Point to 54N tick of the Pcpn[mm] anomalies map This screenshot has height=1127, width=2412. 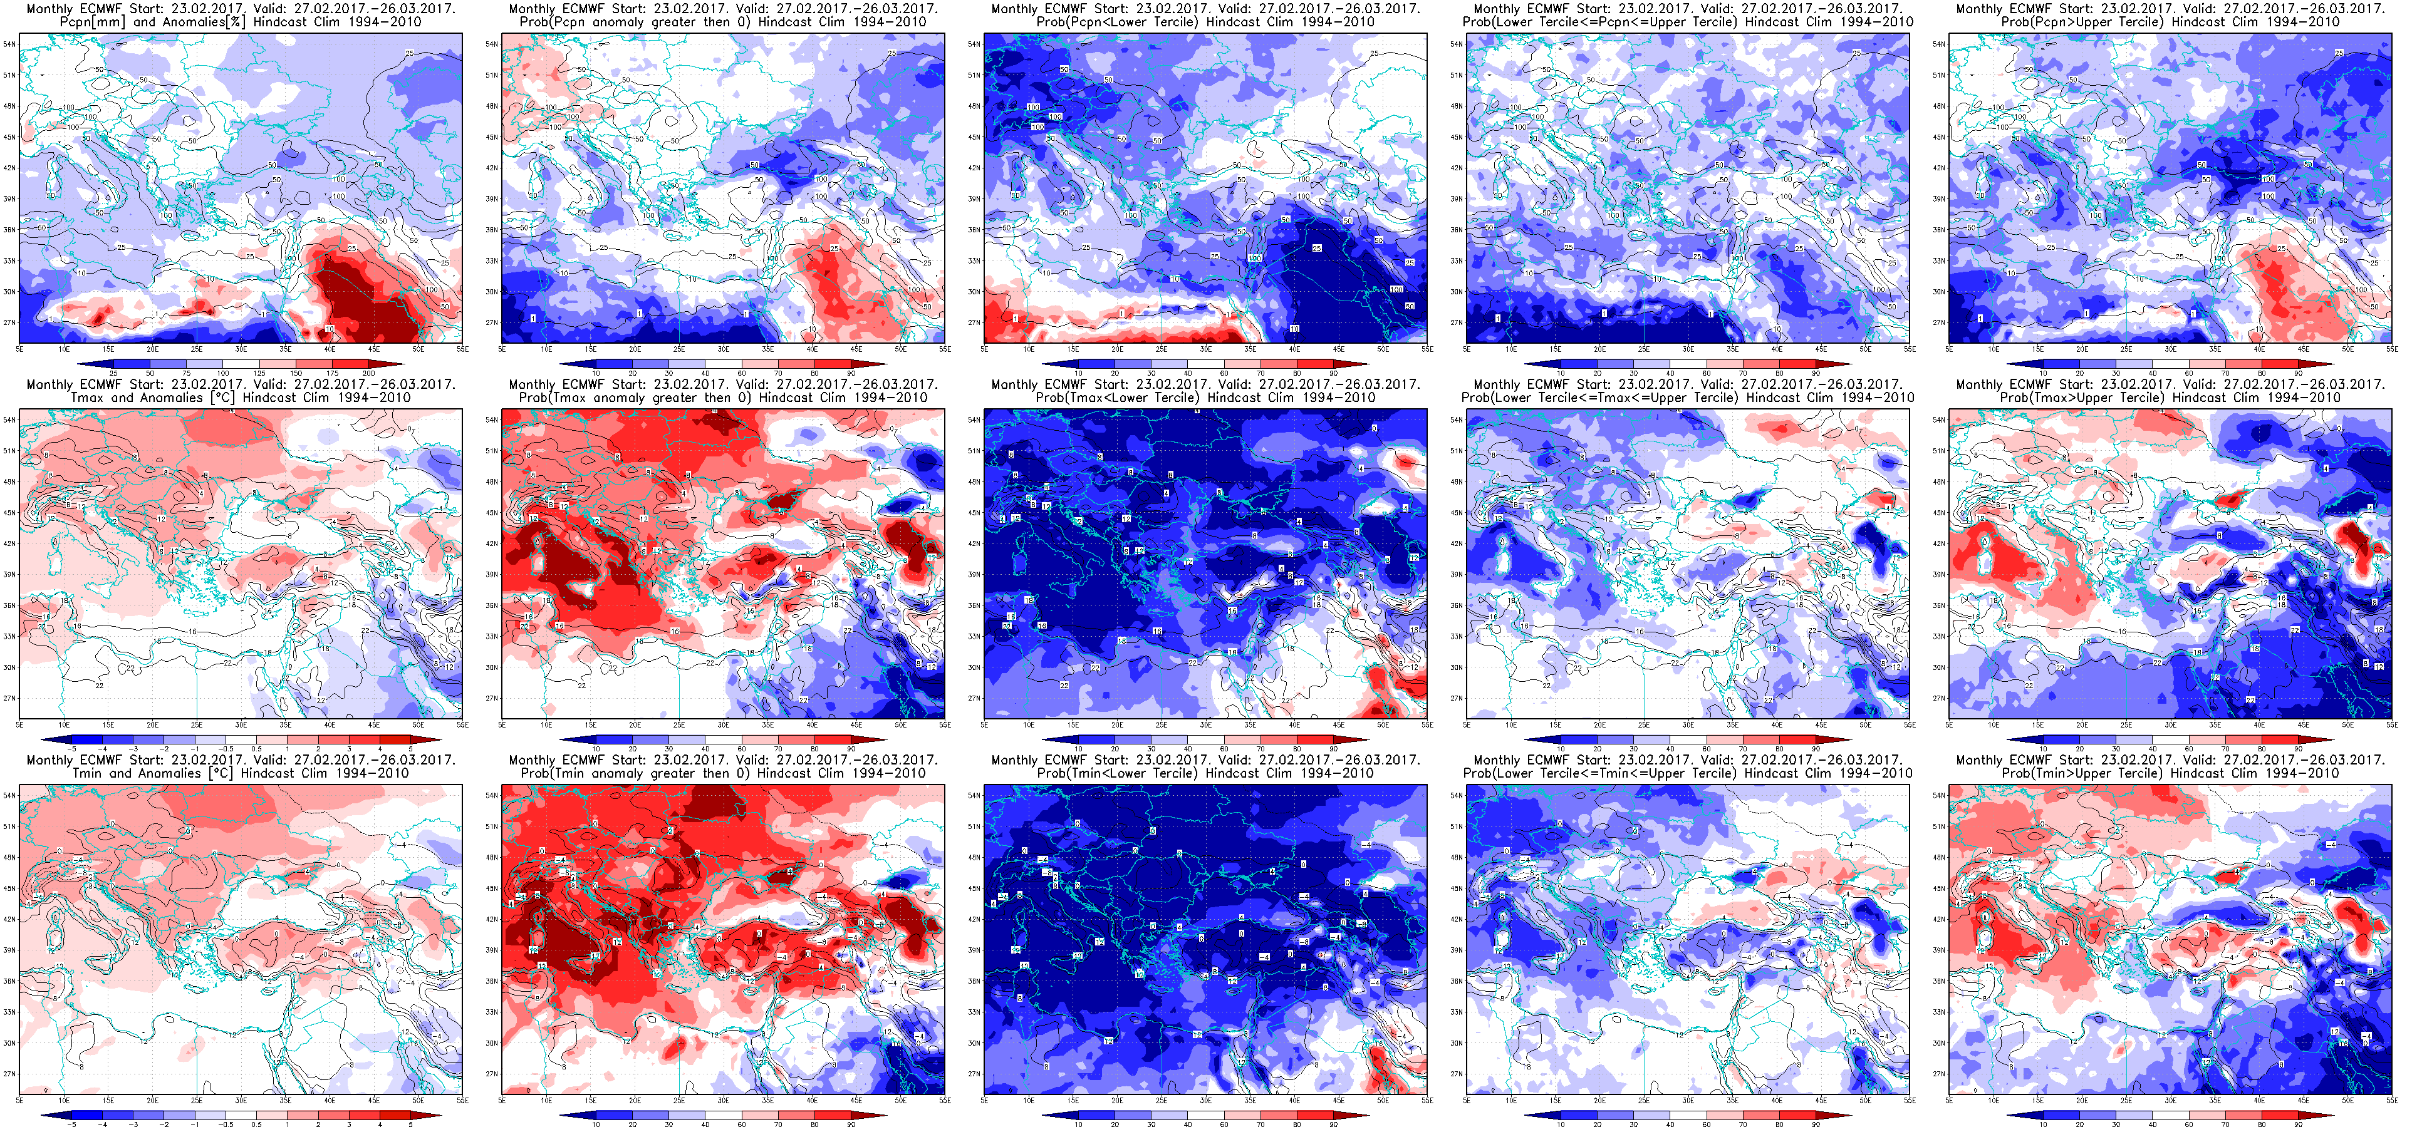[8, 44]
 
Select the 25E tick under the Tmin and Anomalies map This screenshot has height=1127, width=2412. [197, 1101]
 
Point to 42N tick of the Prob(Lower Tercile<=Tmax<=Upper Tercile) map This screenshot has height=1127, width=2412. [1456, 544]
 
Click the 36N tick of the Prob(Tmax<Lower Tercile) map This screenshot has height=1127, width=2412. [974, 605]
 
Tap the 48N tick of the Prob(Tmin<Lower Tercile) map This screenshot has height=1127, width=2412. [974, 857]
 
